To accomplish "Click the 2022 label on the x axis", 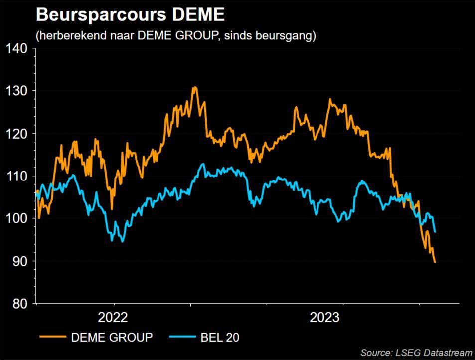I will [x=113, y=318].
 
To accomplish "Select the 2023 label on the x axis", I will [x=324, y=318].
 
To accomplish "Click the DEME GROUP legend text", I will [x=112, y=337].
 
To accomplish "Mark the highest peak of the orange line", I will [x=194, y=87].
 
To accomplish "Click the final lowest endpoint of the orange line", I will [x=435, y=262].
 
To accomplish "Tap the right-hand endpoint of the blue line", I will [x=436, y=232].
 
